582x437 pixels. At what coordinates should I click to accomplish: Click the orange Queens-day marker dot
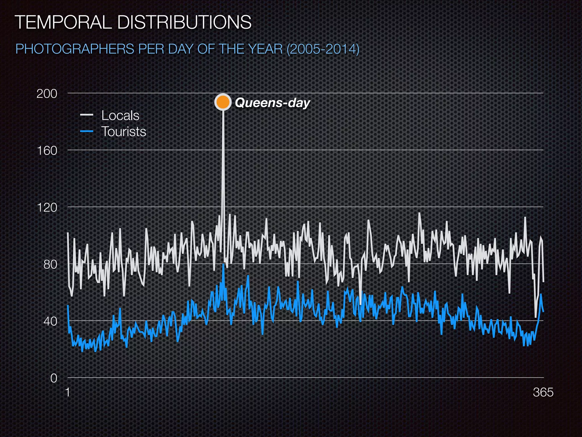[x=223, y=102]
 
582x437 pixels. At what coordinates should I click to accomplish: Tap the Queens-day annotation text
[x=272, y=103]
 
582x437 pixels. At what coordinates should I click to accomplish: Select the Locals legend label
[x=120, y=116]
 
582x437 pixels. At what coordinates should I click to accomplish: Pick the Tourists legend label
[x=124, y=132]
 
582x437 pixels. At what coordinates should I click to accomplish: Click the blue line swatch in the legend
[x=87, y=131]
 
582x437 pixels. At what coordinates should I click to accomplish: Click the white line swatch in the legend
[x=87, y=115]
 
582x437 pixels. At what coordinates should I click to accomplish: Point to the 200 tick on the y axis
[x=47, y=94]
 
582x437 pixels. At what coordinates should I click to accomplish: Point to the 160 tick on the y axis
[x=47, y=151]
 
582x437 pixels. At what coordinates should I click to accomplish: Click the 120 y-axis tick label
[x=47, y=207]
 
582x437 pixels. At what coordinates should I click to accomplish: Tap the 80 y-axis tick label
[x=50, y=265]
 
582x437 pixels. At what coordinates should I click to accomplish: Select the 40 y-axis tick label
[x=50, y=321]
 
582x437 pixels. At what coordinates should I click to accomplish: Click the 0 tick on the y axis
[x=54, y=378]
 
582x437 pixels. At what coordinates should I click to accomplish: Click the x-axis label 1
[x=68, y=392]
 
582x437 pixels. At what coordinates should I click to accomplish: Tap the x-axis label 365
[x=543, y=392]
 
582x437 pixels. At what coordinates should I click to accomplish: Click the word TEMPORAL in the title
[x=63, y=22]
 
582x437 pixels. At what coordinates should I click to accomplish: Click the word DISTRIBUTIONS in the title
[x=184, y=22]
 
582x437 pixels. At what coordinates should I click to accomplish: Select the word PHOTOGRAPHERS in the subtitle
[x=75, y=49]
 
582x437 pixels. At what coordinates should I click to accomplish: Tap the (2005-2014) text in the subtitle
[x=323, y=49]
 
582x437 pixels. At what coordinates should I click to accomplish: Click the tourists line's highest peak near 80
[x=224, y=265]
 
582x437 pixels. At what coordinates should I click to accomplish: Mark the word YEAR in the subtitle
[x=266, y=49]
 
